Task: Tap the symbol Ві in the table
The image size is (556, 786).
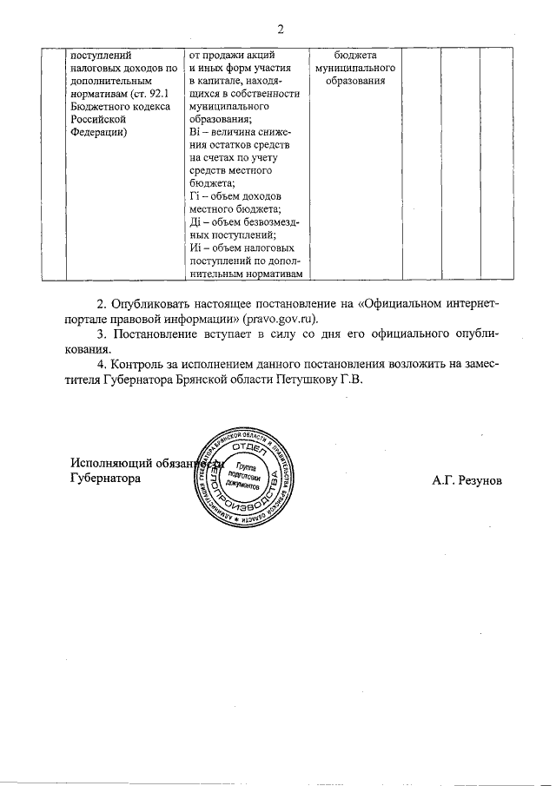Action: [x=194, y=131]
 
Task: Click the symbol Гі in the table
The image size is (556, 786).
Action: [x=193, y=197]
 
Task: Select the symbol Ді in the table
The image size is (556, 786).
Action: [x=194, y=223]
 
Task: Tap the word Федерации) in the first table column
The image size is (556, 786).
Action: [x=98, y=132]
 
